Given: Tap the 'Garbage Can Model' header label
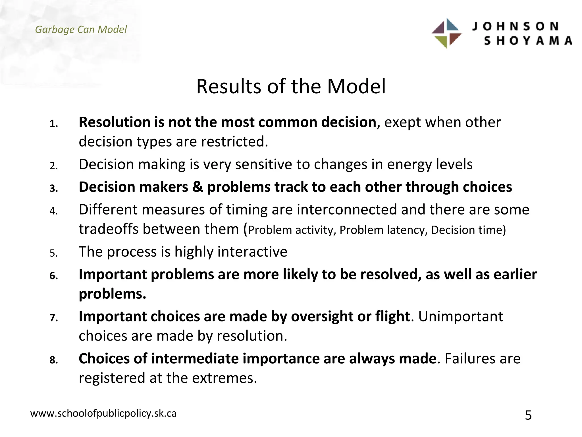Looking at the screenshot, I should [x=81, y=29].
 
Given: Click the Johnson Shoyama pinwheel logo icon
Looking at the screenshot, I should [x=446, y=33].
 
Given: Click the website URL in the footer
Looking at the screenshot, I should [x=103, y=413].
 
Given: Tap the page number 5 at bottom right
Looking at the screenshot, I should [x=528, y=415].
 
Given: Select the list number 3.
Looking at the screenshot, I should [x=54, y=188].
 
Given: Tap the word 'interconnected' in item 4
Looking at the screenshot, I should [x=347, y=210].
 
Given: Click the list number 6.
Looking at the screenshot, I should [x=54, y=276].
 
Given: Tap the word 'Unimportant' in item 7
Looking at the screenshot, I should [x=460, y=316].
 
